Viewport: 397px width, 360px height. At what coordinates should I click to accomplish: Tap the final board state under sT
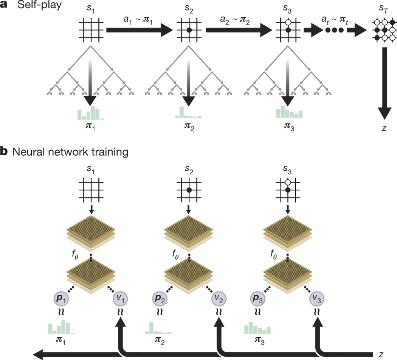[x=384, y=30]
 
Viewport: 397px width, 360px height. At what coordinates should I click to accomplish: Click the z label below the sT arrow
[x=384, y=128]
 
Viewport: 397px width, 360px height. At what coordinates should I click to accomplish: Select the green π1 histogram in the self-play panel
[x=90, y=113]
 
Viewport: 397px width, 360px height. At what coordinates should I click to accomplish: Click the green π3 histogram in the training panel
[x=257, y=328]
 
